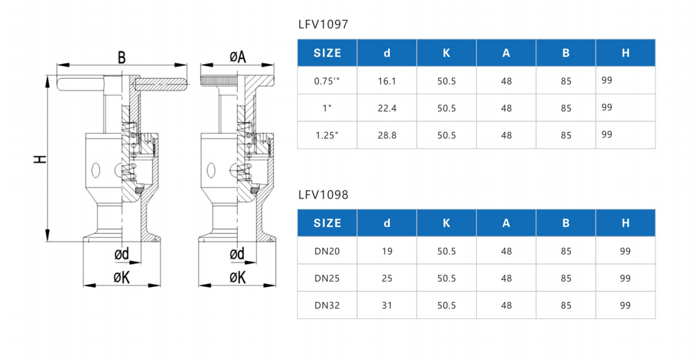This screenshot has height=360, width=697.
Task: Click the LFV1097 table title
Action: (x=323, y=25)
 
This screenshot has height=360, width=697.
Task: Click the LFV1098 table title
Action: (x=323, y=195)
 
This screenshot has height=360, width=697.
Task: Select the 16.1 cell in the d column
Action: (x=387, y=81)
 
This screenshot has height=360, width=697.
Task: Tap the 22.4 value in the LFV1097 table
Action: (x=387, y=108)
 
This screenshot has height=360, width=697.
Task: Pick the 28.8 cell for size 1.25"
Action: (x=387, y=136)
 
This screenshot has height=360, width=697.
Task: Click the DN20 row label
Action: (x=327, y=252)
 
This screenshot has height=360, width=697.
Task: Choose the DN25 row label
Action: (x=327, y=279)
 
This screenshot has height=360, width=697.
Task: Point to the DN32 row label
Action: (x=327, y=306)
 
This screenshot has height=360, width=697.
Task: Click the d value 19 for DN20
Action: (x=387, y=252)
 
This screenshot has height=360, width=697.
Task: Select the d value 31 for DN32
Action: (x=387, y=306)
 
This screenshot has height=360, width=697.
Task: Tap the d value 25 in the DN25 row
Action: (x=387, y=279)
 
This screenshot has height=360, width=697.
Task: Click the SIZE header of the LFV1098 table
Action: (x=327, y=223)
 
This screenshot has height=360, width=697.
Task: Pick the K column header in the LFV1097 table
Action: (x=447, y=53)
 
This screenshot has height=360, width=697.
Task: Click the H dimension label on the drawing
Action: (x=40, y=159)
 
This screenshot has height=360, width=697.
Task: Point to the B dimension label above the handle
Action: (x=121, y=58)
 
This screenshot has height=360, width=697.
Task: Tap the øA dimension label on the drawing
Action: (x=237, y=57)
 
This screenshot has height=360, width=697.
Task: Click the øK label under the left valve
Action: (x=121, y=277)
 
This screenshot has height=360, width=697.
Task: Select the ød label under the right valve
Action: (x=237, y=254)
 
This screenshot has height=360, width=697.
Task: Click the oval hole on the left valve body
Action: (x=95, y=170)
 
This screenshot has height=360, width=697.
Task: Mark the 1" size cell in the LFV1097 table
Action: (x=327, y=108)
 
